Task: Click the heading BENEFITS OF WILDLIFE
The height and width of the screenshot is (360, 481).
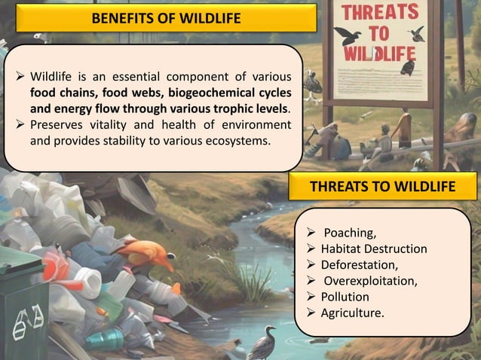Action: point(166,18)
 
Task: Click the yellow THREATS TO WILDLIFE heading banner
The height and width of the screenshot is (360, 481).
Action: point(384,186)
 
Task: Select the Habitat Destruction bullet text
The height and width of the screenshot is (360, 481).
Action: point(374,249)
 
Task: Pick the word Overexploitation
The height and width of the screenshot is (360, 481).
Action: point(370,281)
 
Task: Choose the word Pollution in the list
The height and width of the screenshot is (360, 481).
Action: point(345,297)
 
